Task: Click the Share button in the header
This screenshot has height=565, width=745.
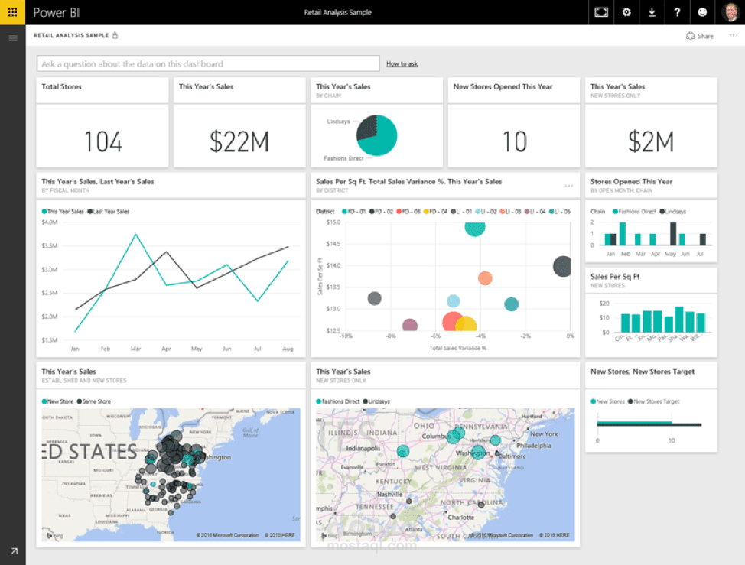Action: pos(700,36)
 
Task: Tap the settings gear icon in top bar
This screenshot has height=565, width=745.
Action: pos(626,12)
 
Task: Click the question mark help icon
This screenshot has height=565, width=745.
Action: pos(677,12)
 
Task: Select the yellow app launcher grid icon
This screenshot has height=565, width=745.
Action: pos(13,12)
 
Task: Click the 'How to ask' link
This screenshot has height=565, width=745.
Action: pos(402,64)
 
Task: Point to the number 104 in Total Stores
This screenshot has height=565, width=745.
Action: pos(102,141)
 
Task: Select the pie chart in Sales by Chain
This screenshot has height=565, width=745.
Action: pos(377,136)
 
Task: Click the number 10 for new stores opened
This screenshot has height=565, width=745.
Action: pos(514,141)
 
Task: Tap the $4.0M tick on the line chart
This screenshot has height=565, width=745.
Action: pos(49,222)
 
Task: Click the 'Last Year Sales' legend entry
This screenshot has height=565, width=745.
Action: pos(109,211)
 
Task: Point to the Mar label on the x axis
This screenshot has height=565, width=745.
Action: pos(136,349)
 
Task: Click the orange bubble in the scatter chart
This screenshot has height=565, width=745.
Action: pos(484,278)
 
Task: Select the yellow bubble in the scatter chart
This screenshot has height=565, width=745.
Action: pos(466,324)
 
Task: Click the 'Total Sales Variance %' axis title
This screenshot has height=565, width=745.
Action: pos(457,348)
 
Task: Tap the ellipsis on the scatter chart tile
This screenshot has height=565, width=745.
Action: pos(568,186)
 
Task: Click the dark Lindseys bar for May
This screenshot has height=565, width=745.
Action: pos(673,233)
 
